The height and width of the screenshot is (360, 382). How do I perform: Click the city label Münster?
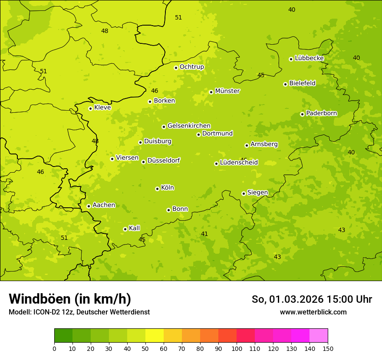pyautogui.click(x=227, y=91)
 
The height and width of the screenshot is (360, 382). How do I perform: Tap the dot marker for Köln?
pyautogui.click(x=157, y=189)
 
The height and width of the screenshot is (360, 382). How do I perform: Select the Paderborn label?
pyautogui.click(x=321, y=113)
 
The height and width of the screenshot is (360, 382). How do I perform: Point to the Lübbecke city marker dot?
pyautogui.click(x=291, y=59)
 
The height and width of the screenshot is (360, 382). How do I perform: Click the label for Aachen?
pyautogui.click(x=104, y=205)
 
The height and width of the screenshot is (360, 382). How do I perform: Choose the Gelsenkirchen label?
pyautogui.click(x=189, y=126)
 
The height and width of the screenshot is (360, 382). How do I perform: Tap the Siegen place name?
pyautogui.click(x=257, y=193)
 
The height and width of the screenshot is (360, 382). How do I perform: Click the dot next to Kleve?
pyautogui.click(x=90, y=108)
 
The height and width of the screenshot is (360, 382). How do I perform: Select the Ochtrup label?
pyautogui.click(x=191, y=67)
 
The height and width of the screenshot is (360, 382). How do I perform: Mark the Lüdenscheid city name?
pyautogui.click(x=239, y=163)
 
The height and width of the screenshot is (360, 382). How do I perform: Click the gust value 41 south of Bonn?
pyautogui.click(x=204, y=234)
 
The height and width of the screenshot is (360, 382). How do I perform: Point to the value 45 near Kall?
pyautogui.click(x=142, y=239)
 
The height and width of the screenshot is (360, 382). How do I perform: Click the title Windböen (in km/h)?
pyautogui.click(x=70, y=299)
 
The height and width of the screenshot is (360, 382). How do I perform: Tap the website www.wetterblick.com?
pyautogui.click(x=313, y=312)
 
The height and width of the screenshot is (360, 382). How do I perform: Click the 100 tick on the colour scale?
pyautogui.click(x=237, y=348)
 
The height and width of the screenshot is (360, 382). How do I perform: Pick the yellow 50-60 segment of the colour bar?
pyautogui.click(x=155, y=336)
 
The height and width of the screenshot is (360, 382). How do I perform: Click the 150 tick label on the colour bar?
pyautogui.click(x=327, y=348)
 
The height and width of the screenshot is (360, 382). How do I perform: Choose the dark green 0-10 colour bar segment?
pyautogui.click(x=63, y=336)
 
